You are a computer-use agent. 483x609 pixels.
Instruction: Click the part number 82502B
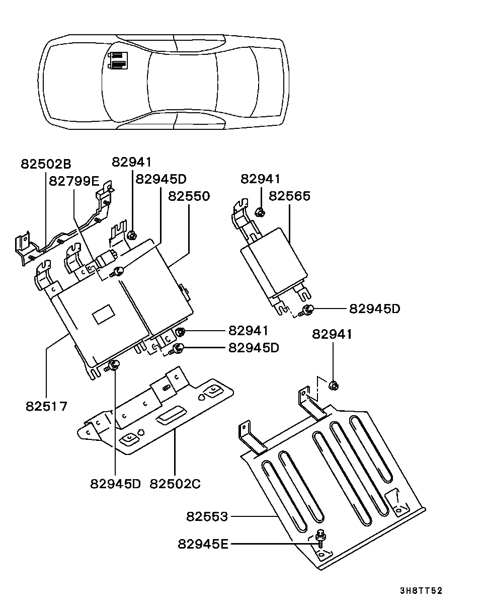46,164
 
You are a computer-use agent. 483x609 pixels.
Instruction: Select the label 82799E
74,181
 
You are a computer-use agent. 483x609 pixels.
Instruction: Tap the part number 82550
189,196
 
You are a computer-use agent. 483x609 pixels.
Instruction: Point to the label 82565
289,196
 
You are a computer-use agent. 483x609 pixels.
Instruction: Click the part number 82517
46,406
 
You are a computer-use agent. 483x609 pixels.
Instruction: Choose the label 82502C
175,484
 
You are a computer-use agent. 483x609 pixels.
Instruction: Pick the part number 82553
207,516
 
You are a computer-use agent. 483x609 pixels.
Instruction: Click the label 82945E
203,544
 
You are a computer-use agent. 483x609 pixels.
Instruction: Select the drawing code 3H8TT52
421,590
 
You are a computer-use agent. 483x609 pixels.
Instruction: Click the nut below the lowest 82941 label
334,386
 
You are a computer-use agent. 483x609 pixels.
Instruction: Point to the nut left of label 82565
260,212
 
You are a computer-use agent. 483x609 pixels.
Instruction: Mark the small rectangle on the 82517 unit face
104,314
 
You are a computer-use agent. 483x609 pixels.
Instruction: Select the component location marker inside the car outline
118,60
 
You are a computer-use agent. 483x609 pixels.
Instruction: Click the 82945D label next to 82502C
115,484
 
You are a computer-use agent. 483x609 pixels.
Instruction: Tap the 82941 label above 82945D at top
132,162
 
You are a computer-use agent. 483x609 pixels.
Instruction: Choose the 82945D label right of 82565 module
374,309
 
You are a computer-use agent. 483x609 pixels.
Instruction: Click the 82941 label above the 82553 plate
332,334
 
